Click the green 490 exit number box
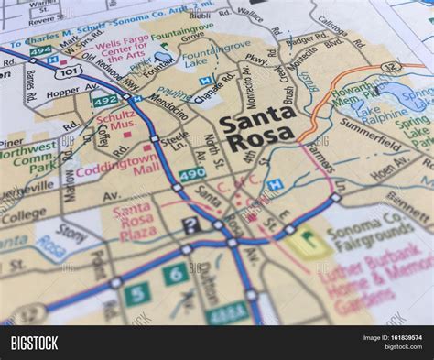[192, 173]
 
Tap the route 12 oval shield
[392, 67]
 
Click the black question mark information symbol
[190, 224]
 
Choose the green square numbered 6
[175, 274]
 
